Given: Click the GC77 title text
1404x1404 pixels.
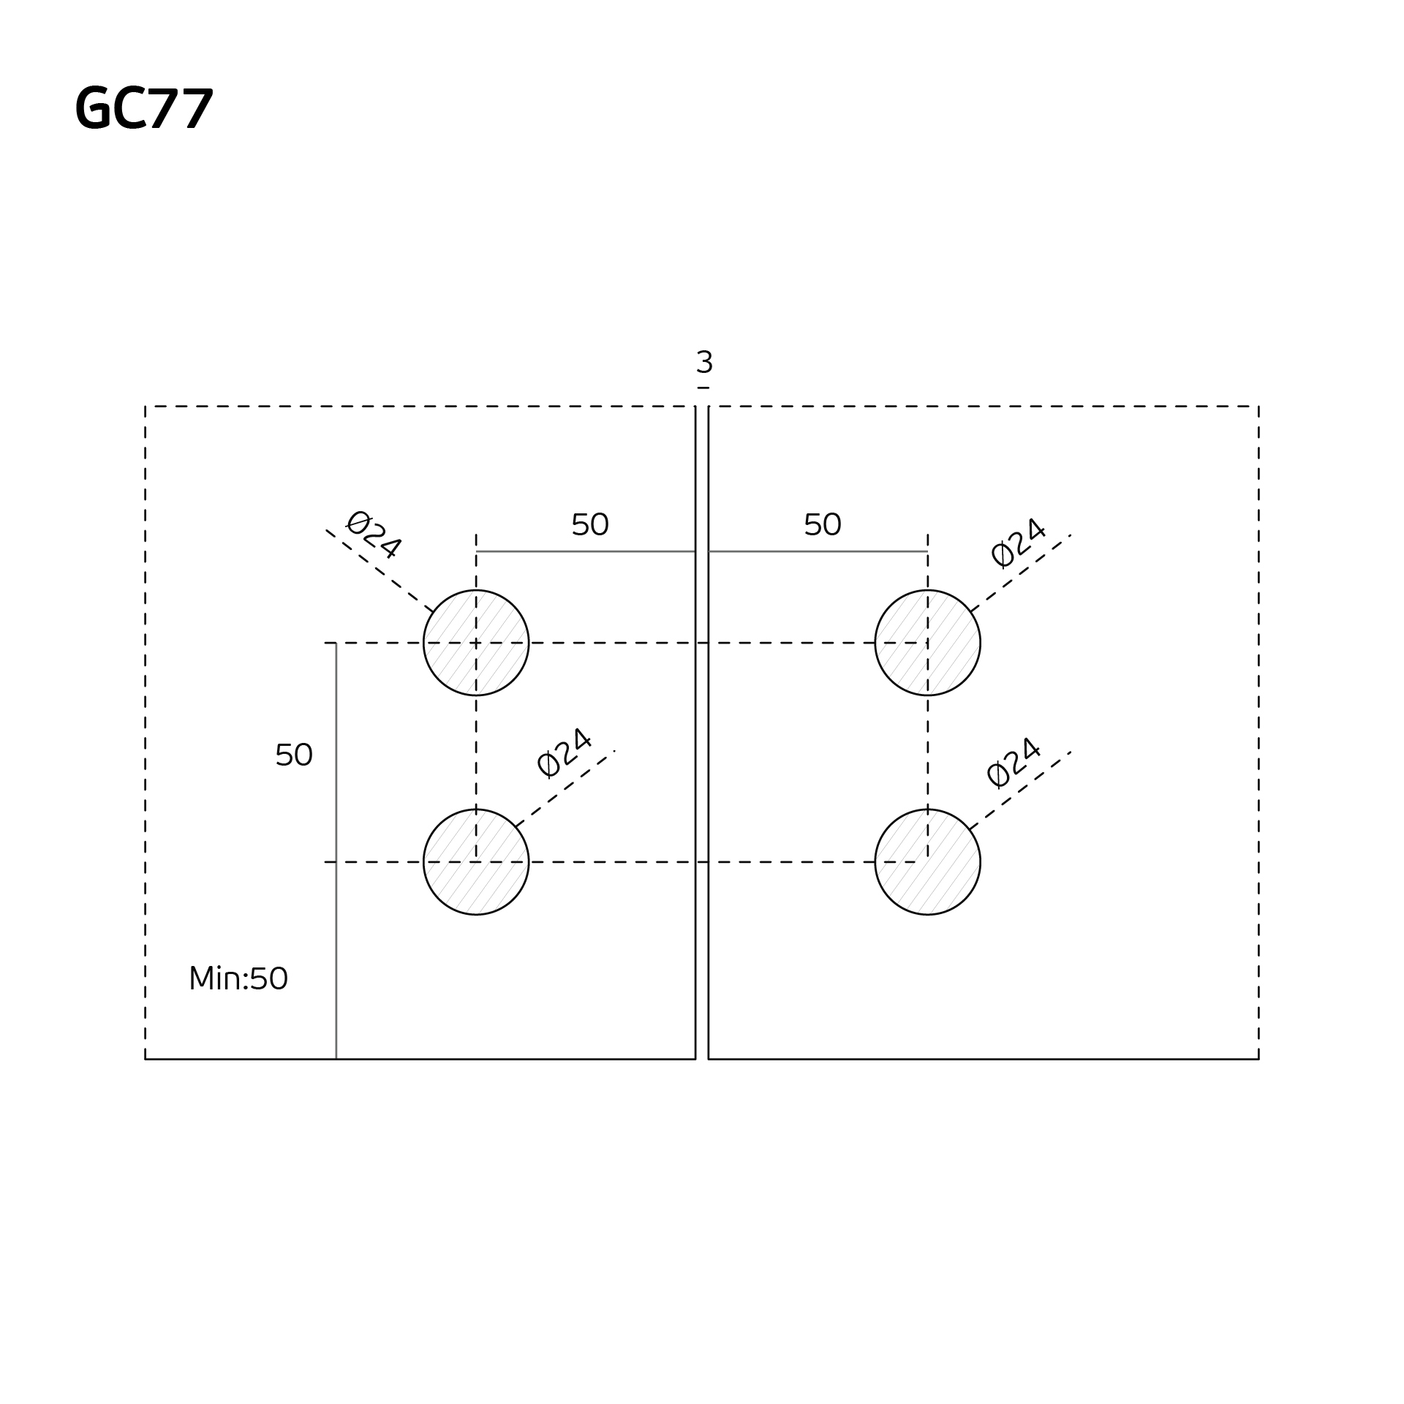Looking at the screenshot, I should pos(144,109).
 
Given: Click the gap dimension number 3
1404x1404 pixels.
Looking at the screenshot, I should pos(704,363).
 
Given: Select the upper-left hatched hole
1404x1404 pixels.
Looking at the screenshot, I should pos(476,643).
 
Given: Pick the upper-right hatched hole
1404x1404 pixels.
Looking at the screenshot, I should pos(927,643).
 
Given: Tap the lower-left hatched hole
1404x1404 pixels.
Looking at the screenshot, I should pos(476,861).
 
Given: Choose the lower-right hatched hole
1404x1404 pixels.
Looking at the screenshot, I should pos(927,861).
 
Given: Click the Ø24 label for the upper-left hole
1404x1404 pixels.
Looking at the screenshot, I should pos(373,535).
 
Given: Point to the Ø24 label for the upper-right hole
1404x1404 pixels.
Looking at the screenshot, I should pos(1018,543).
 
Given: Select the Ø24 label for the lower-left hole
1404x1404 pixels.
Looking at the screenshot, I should pos(564,752).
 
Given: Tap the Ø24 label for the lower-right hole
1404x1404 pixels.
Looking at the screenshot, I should pos(1014,763).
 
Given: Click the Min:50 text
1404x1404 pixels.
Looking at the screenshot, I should pos(238,979).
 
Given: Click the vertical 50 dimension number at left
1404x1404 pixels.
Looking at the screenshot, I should pos(294,755).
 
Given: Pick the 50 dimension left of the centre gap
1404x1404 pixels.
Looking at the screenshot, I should pos(589,525).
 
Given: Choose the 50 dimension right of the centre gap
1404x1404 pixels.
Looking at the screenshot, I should pos(822,525).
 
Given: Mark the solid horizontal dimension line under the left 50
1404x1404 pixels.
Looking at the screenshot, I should pos(585,551).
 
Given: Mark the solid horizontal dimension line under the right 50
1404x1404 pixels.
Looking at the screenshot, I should pos(818,551).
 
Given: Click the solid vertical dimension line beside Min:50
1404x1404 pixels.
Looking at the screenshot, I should pos(336,914).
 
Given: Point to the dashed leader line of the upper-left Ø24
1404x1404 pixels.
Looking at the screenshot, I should pos(380,571).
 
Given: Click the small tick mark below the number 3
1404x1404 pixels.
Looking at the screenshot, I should pos(703,388).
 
